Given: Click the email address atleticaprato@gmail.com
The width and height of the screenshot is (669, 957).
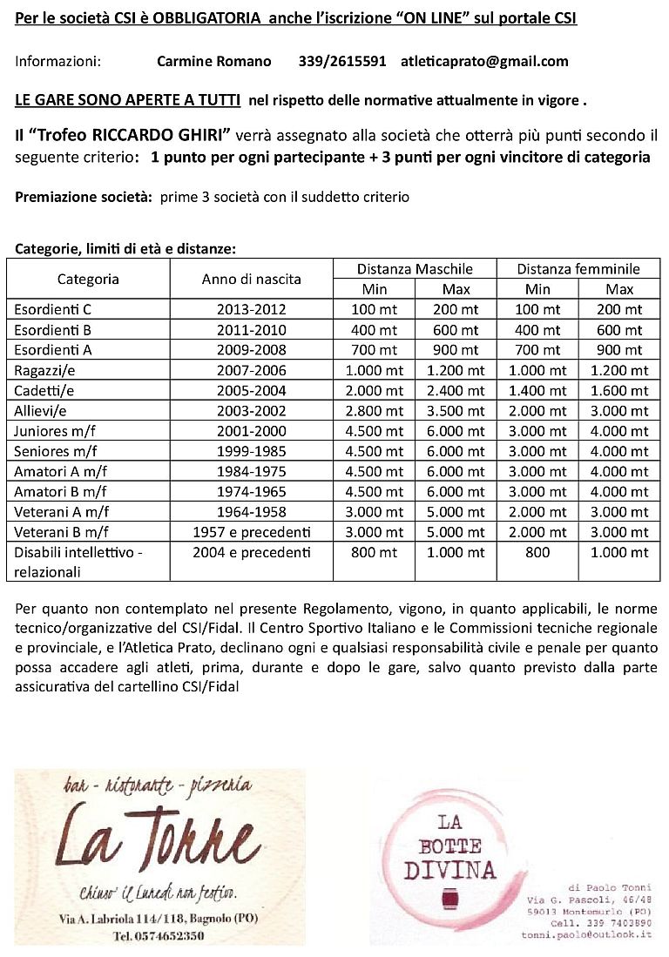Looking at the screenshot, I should (484, 61).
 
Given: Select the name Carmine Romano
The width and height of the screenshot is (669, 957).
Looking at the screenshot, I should (214, 61).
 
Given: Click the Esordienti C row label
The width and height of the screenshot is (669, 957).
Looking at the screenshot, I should (53, 309).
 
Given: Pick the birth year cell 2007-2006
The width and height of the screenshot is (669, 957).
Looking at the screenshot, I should (251, 370).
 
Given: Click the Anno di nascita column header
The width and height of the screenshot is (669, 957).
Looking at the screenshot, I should (251, 279).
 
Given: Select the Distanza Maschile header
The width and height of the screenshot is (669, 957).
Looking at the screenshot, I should (415, 269).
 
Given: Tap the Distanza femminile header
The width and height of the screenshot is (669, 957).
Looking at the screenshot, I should (578, 269).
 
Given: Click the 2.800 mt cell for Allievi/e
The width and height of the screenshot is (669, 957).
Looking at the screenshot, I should (374, 411).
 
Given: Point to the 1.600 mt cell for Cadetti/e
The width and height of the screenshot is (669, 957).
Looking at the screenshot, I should (619, 390).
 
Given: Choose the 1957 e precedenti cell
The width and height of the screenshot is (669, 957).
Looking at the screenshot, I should (251, 532).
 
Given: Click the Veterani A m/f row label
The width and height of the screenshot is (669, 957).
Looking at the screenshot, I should (61, 512).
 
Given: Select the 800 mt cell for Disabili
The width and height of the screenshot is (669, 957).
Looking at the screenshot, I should (374, 552).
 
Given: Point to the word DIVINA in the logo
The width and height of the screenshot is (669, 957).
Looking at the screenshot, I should (449, 869).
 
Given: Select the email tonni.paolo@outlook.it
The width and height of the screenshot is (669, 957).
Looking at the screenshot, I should (586, 933).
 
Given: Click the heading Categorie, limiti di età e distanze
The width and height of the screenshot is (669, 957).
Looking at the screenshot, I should (125, 249).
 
